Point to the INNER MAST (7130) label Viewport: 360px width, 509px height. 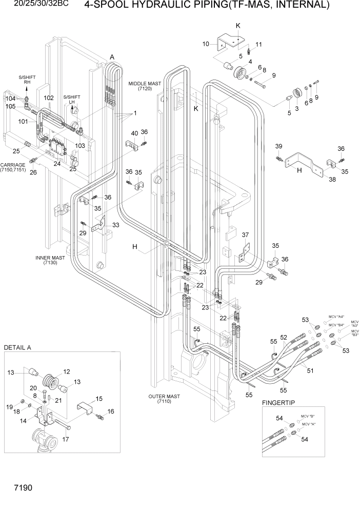(x=50, y=260)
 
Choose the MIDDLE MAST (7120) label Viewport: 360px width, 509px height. (x=145, y=86)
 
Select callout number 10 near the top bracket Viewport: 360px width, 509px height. (x=206, y=44)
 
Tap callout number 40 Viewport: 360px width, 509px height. (x=134, y=133)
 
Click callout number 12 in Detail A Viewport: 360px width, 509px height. (x=66, y=371)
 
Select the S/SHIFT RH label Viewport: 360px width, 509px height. (x=27, y=80)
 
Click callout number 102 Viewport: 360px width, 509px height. (x=49, y=97)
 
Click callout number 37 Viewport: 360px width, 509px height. (x=245, y=234)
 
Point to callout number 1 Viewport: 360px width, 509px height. (x=135, y=113)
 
